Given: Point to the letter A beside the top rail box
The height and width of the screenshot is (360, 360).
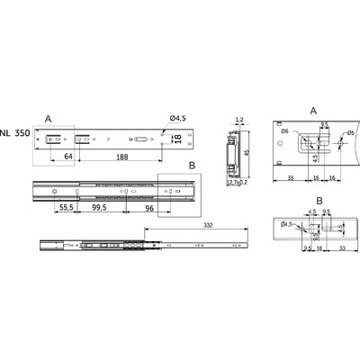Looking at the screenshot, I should pyautogui.click(x=49, y=117).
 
